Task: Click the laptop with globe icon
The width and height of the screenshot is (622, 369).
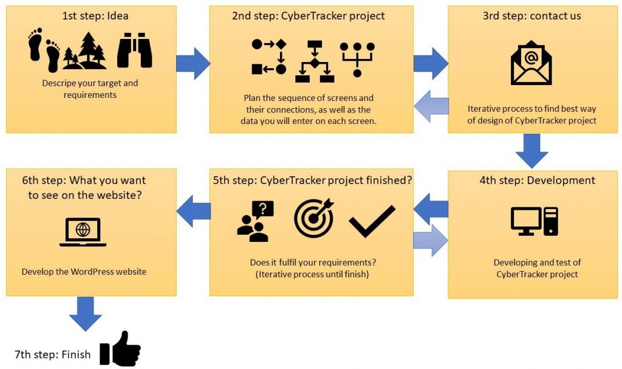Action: [83, 232]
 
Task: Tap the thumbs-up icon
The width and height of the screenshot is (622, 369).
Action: [120, 349]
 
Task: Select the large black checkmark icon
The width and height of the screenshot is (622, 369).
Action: [372, 221]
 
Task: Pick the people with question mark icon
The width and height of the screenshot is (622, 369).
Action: [255, 221]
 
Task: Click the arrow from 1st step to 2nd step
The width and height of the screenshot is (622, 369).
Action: [193, 63]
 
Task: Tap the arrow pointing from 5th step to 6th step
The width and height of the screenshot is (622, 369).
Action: [193, 211]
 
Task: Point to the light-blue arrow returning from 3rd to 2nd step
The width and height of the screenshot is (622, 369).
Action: [431, 106]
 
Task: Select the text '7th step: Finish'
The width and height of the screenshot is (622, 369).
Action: [53, 354]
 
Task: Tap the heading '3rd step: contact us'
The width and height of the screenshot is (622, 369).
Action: [531, 16]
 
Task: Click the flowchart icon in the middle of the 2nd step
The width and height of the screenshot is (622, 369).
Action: [314, 61]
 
